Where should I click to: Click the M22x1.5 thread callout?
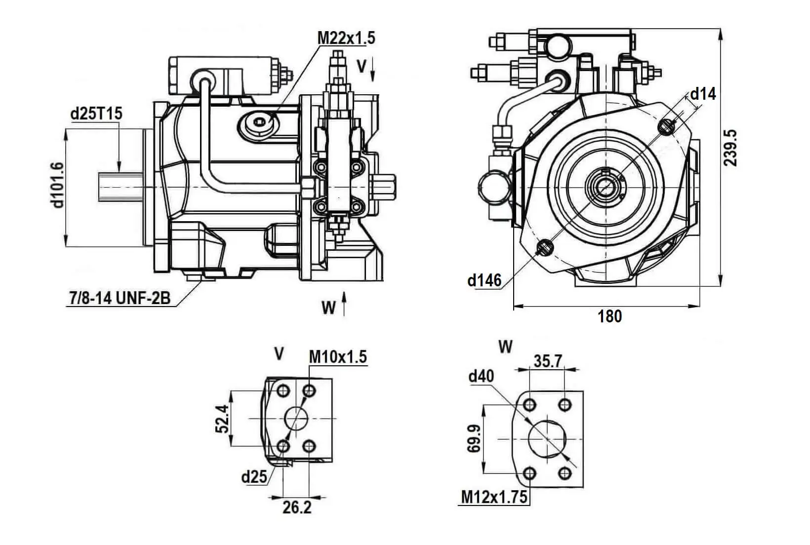[x=346, y=38]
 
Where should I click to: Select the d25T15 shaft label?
[x=96, y=113]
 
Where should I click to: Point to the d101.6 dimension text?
[x=58, y=185]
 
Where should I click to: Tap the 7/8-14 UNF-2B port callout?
[x=119, y=298]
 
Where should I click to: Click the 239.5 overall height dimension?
[x=730, y=148]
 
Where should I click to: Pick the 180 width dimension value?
[x=610, y=316]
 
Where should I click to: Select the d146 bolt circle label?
[x=484, y=280]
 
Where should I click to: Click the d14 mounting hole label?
[x=703, y=93]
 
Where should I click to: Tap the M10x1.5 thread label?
[x=338, y=356]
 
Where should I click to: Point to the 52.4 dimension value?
[x=222, y=419]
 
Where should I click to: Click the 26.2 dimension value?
[x=297, y=507]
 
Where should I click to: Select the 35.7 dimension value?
[x=548, y=361]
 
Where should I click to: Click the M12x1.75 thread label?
[x=494, y=497]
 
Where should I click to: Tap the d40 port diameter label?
[x=481, y=376]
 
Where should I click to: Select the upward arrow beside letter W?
[x=344, y=304]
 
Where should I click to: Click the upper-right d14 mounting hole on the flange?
[x=666, y=127]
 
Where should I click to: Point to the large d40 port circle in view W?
[x=547, y=439]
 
